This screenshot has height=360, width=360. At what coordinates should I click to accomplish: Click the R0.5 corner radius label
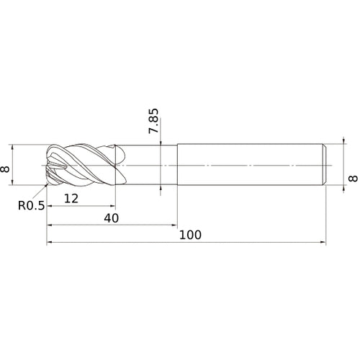pos(32,206)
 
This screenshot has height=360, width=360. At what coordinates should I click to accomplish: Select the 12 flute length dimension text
pos(71,199)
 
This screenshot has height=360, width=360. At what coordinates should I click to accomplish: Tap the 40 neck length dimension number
pos(112,218)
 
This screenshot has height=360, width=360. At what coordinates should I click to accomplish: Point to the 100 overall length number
pos(190,235)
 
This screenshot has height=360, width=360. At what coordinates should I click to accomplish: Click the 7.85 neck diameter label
pos(154,121)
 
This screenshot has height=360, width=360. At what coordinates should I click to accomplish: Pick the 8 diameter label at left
pos(5,169)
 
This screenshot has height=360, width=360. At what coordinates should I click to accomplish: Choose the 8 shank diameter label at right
pos(353,179)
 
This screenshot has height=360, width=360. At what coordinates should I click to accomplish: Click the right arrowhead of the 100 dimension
pos(323,243)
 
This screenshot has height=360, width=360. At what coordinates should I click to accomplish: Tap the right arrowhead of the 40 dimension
pos(174,225)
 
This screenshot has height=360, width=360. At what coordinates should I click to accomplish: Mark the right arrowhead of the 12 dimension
pos(112,206)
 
